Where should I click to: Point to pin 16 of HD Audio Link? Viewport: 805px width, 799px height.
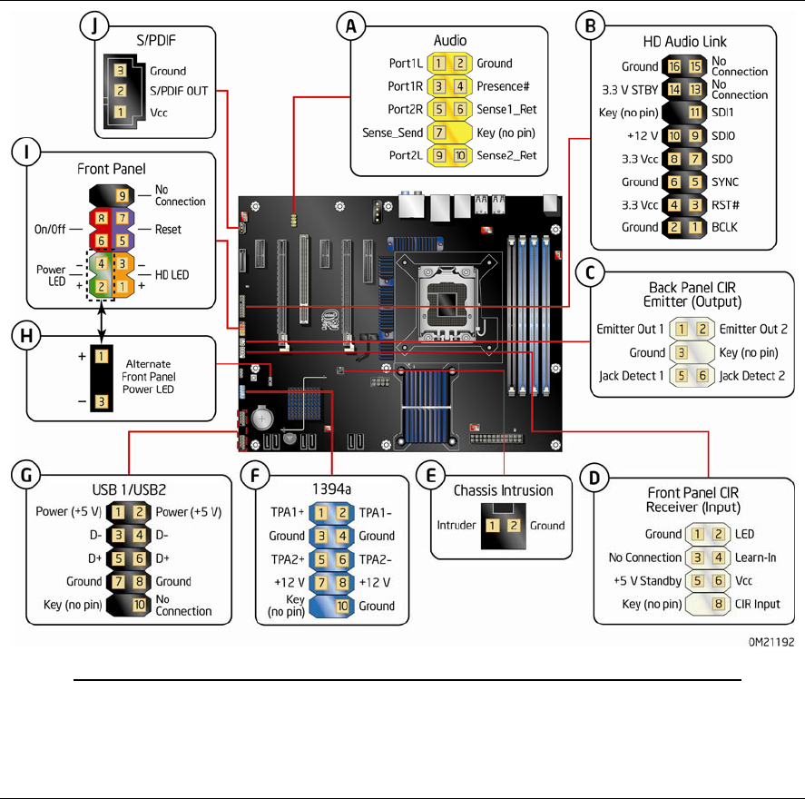672,66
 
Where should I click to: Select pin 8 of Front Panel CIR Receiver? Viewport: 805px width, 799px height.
717,603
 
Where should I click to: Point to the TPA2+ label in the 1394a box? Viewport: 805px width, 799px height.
287,559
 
